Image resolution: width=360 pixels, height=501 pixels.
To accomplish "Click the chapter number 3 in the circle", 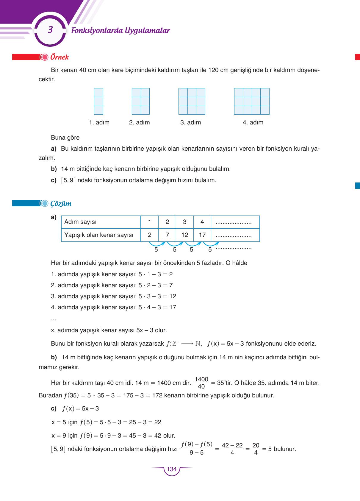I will point(50,30).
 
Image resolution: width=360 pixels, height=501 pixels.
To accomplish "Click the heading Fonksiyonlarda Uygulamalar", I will point(120,30).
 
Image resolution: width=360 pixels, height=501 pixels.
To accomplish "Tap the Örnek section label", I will point(60,57).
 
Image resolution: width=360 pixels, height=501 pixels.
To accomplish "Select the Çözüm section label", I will point(61,204).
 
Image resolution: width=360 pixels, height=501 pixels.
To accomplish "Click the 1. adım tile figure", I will point(98,101).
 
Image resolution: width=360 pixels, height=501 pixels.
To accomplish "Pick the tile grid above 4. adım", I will point(252,101).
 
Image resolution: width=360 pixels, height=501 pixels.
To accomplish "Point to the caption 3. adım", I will point(190,122).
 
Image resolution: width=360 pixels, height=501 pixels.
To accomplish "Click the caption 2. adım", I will point(139,122).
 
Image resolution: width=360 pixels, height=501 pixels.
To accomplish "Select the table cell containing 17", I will point(202,235).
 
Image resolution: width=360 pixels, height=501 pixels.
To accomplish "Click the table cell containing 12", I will point(185,235).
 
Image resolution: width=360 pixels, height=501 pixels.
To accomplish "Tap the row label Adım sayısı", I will point(80,222).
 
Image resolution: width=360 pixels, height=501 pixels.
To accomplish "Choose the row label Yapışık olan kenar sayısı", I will point(99,235).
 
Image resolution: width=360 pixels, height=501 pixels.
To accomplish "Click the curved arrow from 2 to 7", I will point(157,244).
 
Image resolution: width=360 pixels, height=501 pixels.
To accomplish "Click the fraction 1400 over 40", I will point(201,383).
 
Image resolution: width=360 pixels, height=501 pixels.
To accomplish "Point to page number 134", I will point(172,469).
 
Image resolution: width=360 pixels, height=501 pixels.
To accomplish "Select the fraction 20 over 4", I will point(256,449).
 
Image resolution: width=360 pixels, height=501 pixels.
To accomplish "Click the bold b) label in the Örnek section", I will point(54,169).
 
